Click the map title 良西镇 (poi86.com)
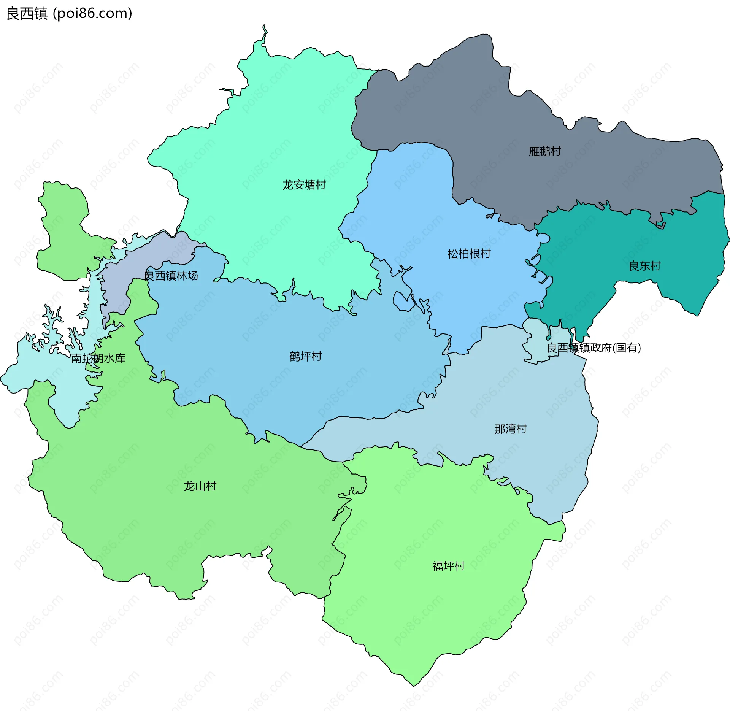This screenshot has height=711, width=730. click(69, 14)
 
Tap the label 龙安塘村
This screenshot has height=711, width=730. click(304, 185)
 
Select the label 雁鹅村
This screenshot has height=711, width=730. click(544, 151)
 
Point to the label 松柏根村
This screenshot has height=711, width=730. click(469, 254)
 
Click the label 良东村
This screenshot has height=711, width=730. click(644, 266)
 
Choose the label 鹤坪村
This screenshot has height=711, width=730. click(305, 356)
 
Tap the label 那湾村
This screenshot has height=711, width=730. click(510, 429)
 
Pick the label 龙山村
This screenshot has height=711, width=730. click(200, 486)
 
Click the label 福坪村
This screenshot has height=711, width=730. click(448, 566)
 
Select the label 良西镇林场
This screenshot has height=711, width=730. click(171, 276)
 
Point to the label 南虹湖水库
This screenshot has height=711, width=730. click(98, 358)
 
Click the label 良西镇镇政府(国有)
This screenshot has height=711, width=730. click(594, 348)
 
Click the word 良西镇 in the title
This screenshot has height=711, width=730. click(27, 14)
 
